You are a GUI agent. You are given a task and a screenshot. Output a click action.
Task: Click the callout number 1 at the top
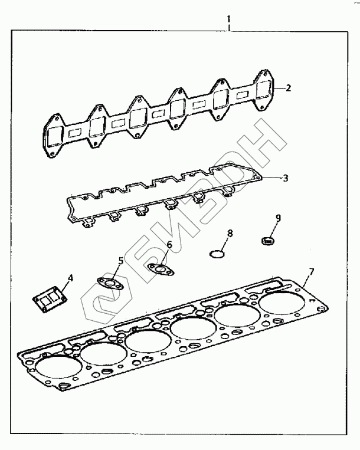(x=229, y=19)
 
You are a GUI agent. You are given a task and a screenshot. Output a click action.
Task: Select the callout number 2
(x=289, y=88)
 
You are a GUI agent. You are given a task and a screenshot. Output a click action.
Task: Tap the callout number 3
(x=286, y=178)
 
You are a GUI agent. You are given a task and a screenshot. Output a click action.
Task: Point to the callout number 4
(x=70, y=278)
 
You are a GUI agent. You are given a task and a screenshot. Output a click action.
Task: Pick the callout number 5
(x=121, y=261)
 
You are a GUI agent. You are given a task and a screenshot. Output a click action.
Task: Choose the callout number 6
(x=169, y=245)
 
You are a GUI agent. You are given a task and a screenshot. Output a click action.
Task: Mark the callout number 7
(x=312, y=271)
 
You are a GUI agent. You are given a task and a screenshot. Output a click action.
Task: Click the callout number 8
(x=230, y=234)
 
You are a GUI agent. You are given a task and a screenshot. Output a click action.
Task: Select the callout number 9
(x=278, y=218)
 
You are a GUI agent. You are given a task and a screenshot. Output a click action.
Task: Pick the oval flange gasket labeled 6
(x=161, y=270)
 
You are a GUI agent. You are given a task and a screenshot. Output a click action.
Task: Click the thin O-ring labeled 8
(x=217, y=254)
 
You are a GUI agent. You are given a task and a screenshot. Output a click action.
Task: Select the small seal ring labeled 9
(x=268, y=241)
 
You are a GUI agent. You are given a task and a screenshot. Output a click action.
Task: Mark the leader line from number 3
(x=271, y=179)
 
